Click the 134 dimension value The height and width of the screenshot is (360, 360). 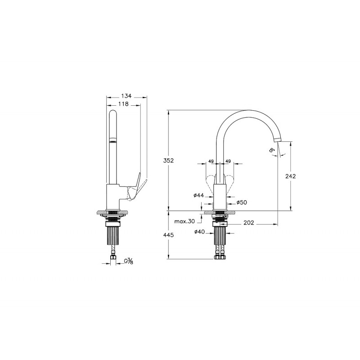click(126, 96)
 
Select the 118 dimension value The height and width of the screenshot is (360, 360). click(123, 104)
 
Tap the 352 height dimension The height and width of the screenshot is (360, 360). click(168, 161)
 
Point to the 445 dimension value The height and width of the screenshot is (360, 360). click(168, 235)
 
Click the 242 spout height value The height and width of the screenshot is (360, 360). click(291, 176)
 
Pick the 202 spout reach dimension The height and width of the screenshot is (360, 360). click(249, 223)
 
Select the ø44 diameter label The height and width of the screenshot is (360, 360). click(199, 195)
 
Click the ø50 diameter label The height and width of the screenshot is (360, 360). click(242, 202)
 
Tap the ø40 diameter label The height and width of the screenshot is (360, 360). click(199, 232)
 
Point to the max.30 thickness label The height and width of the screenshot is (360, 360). click(184, 221)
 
